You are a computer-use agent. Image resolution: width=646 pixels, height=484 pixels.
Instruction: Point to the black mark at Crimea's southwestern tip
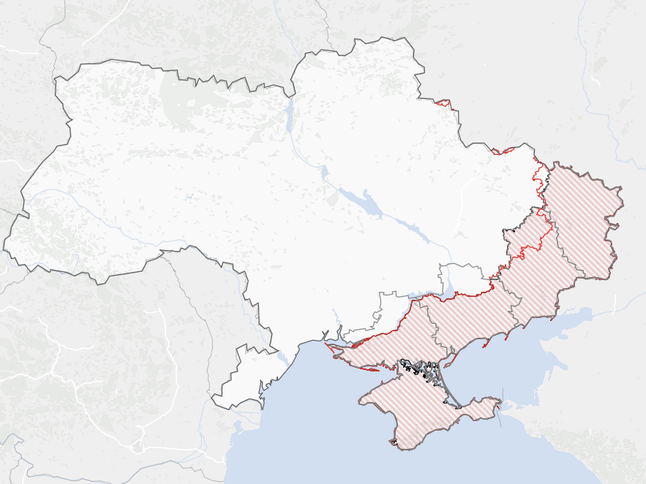coord(394,442)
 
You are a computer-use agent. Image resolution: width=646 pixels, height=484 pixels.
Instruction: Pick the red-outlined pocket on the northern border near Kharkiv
coord(441,102)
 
